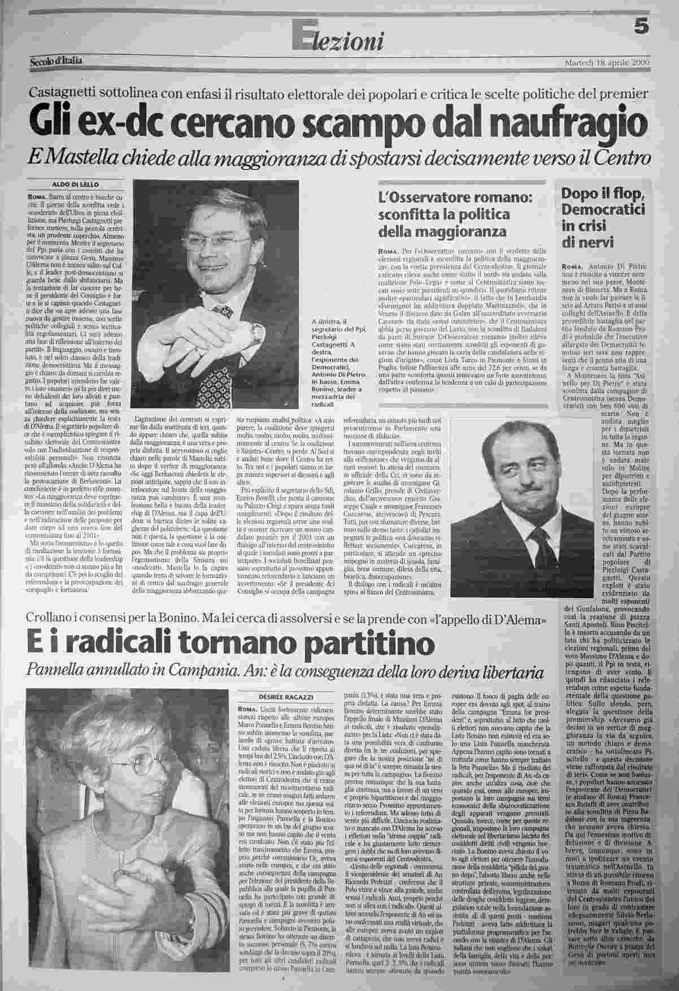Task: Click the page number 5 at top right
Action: [640, 27]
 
